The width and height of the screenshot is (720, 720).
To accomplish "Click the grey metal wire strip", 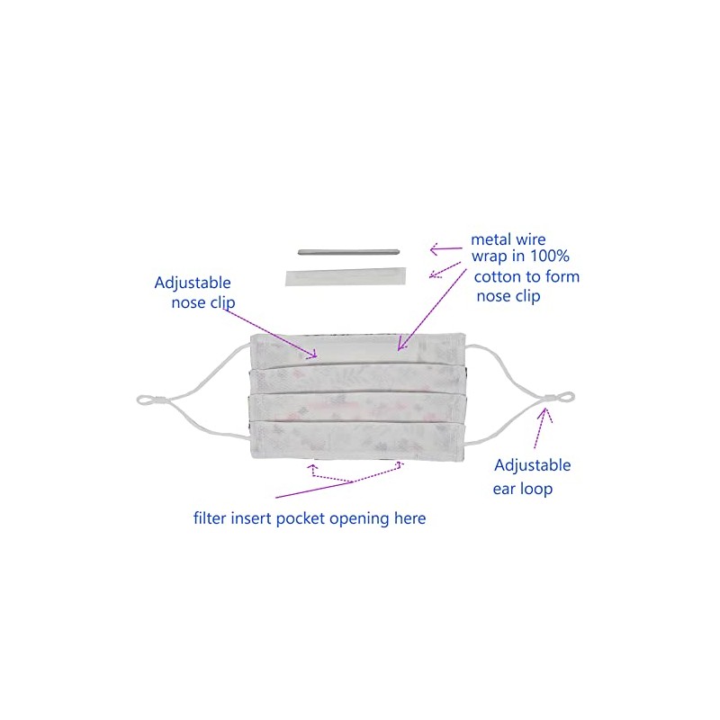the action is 349,251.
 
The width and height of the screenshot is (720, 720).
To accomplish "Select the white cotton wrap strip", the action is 346,277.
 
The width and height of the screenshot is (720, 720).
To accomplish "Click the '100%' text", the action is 550,256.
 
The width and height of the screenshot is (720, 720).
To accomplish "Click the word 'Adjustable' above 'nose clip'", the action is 193,283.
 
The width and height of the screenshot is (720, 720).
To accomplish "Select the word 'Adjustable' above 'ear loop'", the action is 532,465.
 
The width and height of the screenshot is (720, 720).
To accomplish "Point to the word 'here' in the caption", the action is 410,518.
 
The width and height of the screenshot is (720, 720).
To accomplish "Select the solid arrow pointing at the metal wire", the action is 445,249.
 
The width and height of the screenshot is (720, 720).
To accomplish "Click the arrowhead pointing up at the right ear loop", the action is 545,413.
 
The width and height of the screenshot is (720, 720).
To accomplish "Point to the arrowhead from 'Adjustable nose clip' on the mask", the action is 312,353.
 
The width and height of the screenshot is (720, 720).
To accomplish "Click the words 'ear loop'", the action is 523,489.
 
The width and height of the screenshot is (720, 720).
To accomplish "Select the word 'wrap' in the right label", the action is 489,256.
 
